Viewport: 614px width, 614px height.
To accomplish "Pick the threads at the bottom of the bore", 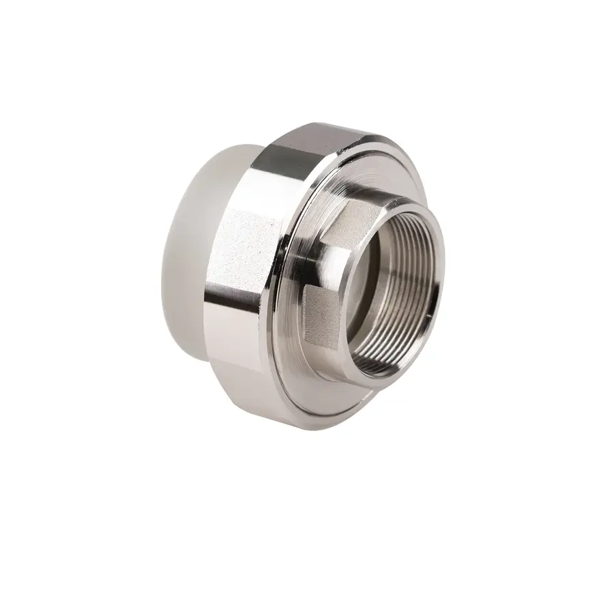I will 396,355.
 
